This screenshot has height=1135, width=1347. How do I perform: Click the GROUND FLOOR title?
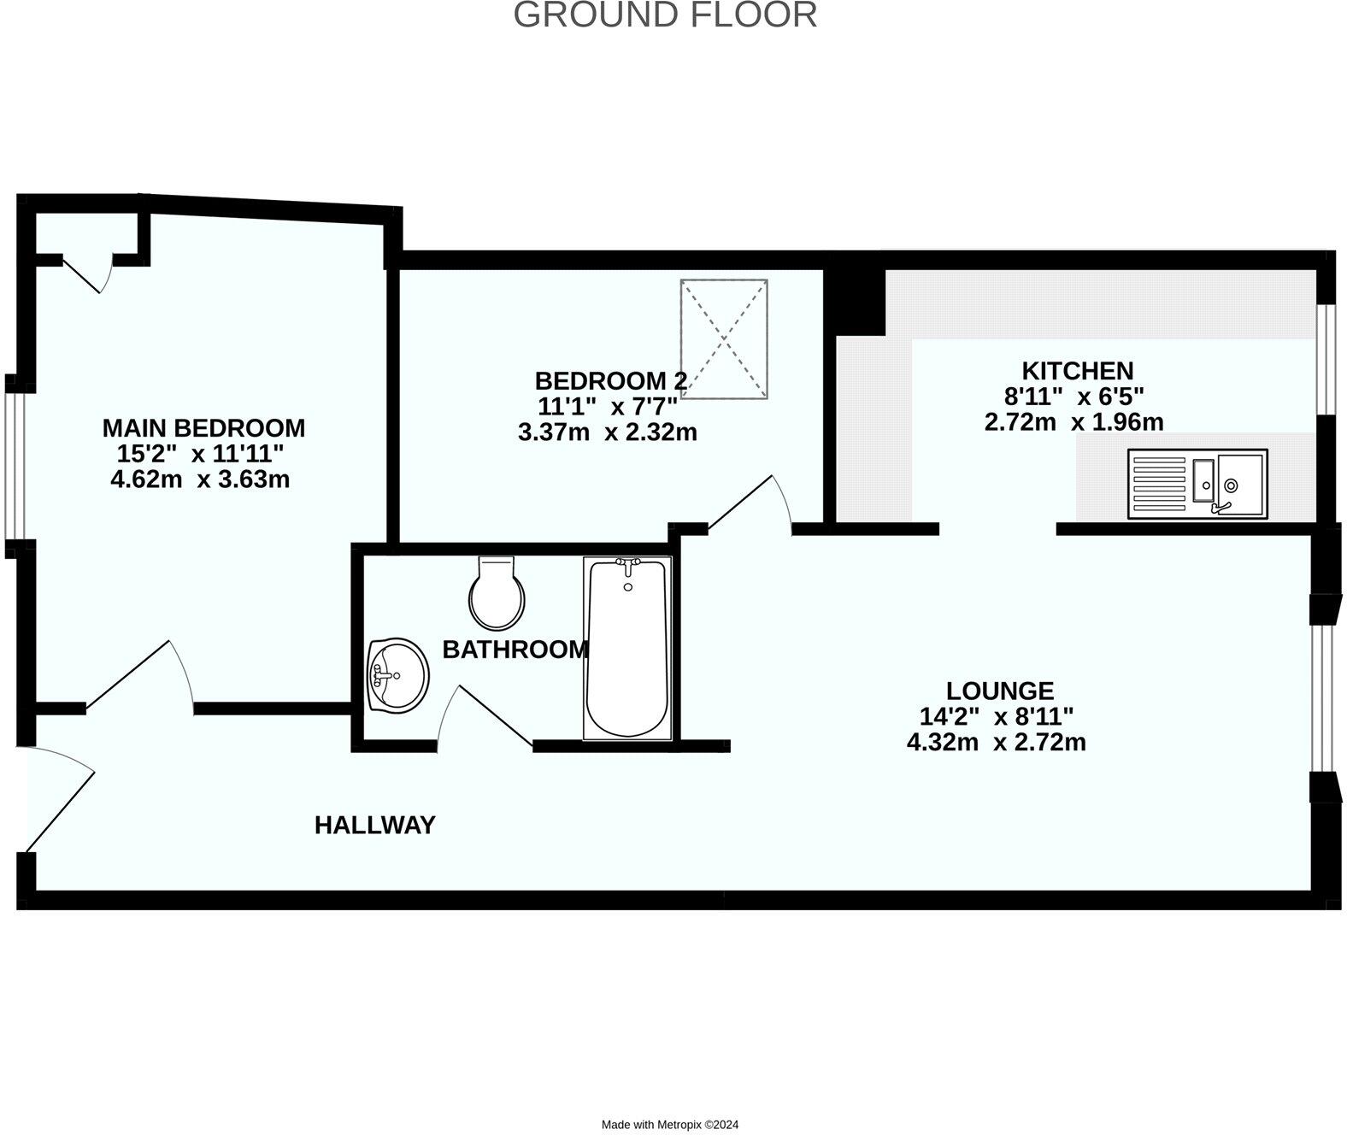point(665,15)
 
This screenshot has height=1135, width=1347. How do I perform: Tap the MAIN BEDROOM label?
point(203,427)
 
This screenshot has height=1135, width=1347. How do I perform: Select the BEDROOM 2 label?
point(610,381)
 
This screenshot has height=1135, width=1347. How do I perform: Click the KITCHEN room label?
point(1077,371)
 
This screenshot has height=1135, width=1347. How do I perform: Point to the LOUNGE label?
point(999,690)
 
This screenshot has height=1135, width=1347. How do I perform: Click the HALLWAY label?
point(374,825)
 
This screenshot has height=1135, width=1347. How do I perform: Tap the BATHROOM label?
point(515,650)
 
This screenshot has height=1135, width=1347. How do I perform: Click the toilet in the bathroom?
point(497,593)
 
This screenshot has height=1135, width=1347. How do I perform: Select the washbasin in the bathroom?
point(397,675)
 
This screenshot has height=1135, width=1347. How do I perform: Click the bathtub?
point(627,648)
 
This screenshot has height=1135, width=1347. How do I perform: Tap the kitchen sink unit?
point(1197,485)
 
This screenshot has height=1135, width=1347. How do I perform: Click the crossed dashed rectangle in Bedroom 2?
point(724,338)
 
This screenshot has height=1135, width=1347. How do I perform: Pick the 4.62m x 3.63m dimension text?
point(200,479)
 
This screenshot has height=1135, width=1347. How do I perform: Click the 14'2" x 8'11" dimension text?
point(996,716)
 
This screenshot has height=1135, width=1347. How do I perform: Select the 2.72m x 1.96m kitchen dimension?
point(1073,422)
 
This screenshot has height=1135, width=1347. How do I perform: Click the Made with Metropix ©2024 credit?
point(669,1125)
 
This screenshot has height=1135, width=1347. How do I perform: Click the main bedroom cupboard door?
point(88,273)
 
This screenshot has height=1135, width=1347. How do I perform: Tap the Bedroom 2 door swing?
point(752,504)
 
